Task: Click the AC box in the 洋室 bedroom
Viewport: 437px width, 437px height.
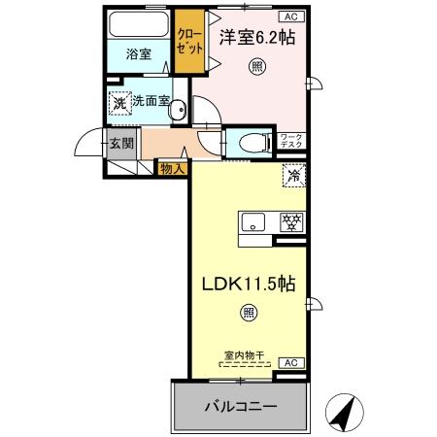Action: (288, 17)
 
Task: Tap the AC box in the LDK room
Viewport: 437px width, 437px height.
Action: (288, 362)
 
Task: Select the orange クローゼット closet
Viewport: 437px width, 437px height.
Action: (189, 43)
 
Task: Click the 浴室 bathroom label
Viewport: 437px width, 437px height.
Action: (139, 54)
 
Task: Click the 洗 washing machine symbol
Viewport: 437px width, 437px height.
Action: (118, 102)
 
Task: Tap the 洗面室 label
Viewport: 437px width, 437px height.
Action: (152, 101)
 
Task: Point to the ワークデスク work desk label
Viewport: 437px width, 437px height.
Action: (291, 142)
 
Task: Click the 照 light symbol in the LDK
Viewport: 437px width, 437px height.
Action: (248, 313)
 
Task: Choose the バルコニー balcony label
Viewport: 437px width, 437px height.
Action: (240, 406)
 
